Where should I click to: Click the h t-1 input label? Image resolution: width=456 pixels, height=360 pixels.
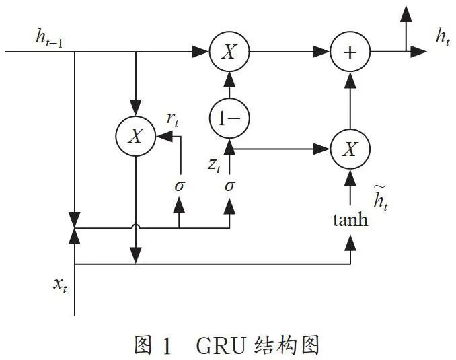point(49,38)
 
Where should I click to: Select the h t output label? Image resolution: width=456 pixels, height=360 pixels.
point(443,37)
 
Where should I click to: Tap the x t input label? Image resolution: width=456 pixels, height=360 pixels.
point(61,285)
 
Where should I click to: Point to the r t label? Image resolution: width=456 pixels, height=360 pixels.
point(172,119)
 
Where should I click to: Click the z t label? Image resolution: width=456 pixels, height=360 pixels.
point(215,166)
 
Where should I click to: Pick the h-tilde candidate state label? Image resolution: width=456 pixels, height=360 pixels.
point(381,197)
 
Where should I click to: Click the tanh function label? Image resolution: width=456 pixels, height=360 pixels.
point(350,220)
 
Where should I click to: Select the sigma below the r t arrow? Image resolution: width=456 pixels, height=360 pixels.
point(180,186)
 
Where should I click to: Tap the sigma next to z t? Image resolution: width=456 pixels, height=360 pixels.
point(229,186)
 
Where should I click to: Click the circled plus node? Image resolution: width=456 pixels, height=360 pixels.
point(350,52)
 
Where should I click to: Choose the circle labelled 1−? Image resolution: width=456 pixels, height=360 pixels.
point(229,118)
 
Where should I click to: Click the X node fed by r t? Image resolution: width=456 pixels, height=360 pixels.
point(136,136)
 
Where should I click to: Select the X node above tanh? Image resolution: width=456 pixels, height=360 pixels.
point(350,149)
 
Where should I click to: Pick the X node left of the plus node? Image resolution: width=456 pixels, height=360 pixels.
point(229,52)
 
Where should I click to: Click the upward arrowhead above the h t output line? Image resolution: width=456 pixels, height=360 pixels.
point(406,13)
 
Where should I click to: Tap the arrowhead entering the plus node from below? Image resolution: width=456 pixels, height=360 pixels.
point(350,80)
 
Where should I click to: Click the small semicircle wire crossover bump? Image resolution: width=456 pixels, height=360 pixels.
point(136,226)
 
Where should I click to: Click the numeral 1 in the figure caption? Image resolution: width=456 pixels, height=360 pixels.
point(167,346)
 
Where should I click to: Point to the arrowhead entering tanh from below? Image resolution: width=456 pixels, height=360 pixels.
point(350,243)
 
